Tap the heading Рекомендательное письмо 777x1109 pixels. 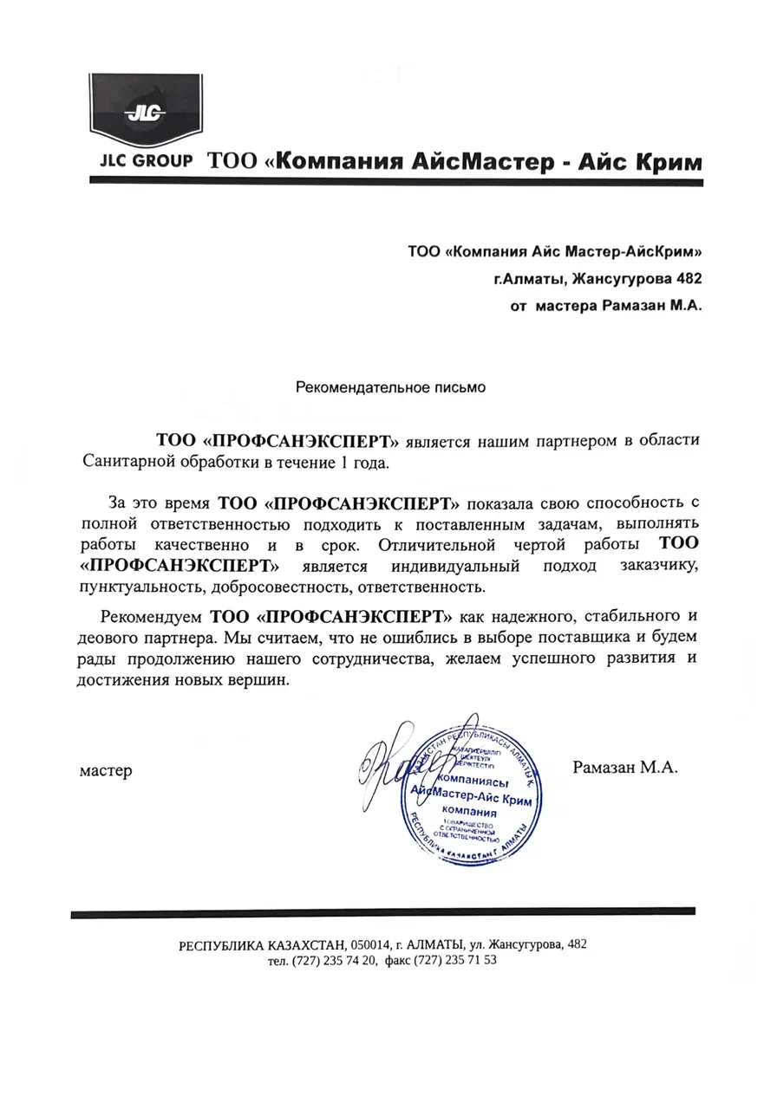click(391, 386)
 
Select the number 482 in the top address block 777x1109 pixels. click(686, 278)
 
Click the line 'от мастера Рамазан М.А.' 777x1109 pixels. click(604, 305)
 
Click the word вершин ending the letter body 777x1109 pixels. click(256, 681)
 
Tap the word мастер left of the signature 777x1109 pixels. click(106, 770)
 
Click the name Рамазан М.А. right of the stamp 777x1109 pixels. click(625, 767)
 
